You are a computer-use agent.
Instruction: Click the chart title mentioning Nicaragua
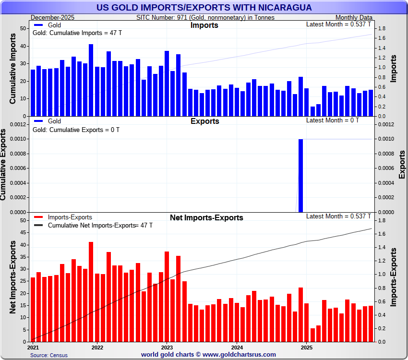pos(204,8)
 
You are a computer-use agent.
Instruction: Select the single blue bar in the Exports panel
pos(300,175)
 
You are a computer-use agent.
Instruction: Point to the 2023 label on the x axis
pos(167,347)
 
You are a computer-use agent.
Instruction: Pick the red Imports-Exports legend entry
pos(70,217)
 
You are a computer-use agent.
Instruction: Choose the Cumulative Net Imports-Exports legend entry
pos(91,225)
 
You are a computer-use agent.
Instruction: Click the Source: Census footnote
pos(48,355)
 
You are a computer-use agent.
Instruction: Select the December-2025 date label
pos(52,17)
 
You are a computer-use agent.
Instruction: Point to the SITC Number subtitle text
pos(205,17)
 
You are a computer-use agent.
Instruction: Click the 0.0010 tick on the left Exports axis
pos(17,139)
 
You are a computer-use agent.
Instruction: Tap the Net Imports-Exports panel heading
pos(206,218)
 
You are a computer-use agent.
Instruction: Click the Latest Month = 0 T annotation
pos(332,120)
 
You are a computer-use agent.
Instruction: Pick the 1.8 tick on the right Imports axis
pos(383,29)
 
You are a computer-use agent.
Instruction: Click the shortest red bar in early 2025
pos(312,335)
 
